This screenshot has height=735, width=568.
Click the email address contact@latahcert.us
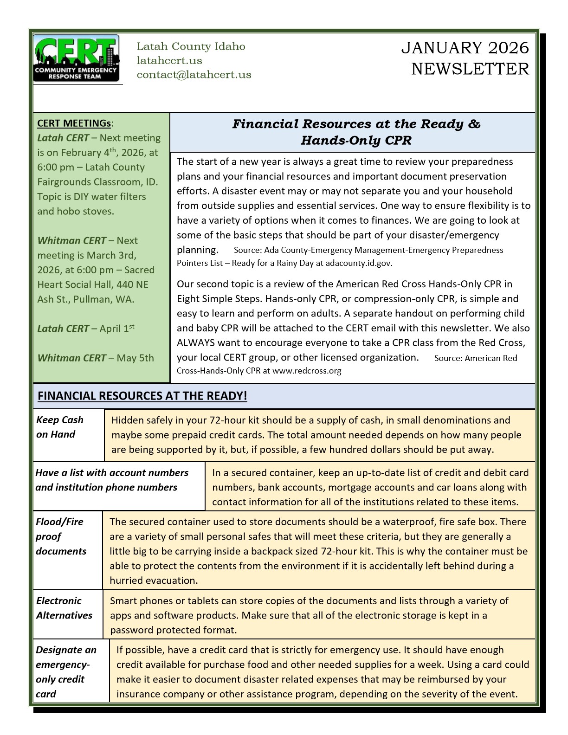coord(194,75)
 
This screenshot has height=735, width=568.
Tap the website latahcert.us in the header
coord(169,60)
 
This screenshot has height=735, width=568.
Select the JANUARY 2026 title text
coord(465,48)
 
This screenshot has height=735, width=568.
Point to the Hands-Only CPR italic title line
coord(356,140)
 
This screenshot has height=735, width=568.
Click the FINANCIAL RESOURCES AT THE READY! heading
coord(142,396)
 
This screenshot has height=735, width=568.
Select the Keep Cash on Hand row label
coord(60,427)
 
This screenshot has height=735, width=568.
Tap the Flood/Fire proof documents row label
coord(61,536)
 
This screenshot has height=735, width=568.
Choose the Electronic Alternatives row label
coord(64,608)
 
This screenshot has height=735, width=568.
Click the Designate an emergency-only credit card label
coord(66,671)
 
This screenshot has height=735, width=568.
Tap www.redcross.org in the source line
coord(307,371)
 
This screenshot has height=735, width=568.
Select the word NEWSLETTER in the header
coord(470,69)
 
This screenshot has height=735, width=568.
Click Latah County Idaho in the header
coord(191,46)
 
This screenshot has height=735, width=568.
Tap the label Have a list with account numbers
coord(112,472)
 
